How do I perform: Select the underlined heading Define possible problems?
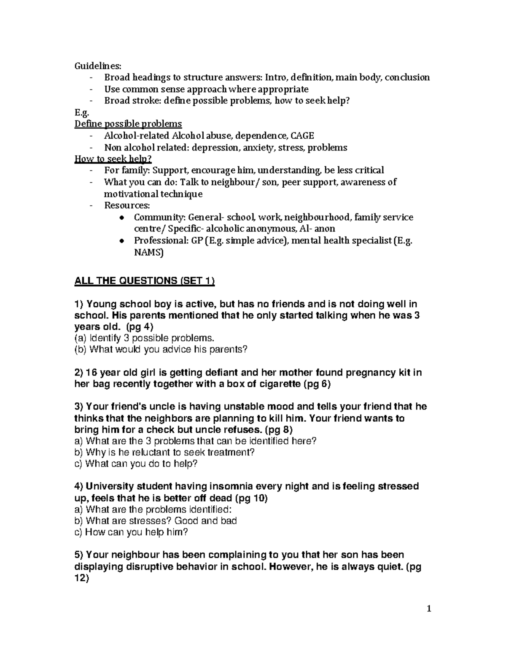[128, 124]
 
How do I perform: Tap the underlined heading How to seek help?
[113, 159]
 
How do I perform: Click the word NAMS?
[148, 253]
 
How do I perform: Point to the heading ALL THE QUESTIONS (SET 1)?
[144, 281]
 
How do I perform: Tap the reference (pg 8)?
[278, 430]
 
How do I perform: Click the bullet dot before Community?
[121, 218]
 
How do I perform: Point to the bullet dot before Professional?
[121, 241]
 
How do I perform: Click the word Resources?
[126, 206]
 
